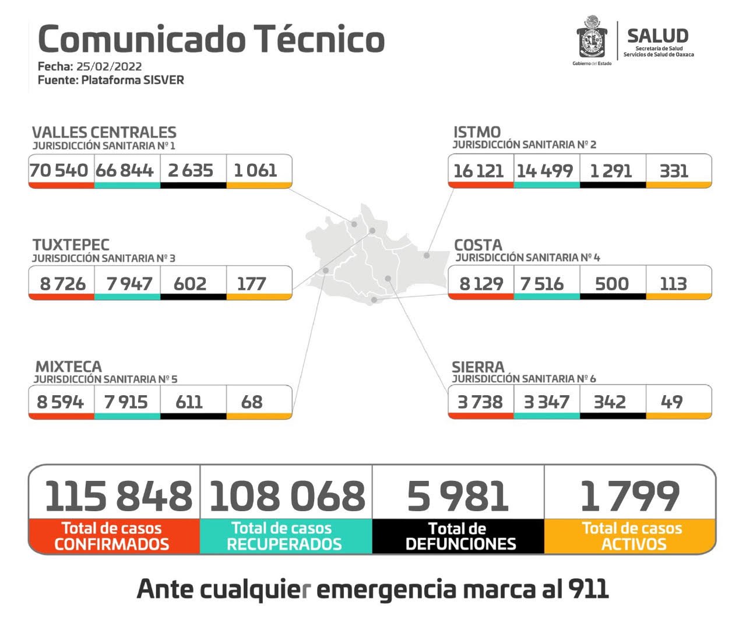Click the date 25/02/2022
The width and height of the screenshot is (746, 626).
pyautogui.click(x=109, y=66)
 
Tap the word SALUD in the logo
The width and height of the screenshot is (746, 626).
pyautogui.click(x=657, y=36)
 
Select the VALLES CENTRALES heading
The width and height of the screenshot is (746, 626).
pyautogui.click(x=104, y=132)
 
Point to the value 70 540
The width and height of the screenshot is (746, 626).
pyautogui.click(x=59, y=171)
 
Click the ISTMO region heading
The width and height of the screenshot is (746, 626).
pyautogui.click(x=477, y=132)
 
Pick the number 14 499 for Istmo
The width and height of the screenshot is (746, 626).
pyautogui.click(x=544, y=171)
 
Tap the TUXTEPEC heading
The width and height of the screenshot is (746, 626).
pyautogui.click(x=71, y=245)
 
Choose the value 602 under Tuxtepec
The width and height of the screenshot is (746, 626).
pyautogui.click(x=190, y=284)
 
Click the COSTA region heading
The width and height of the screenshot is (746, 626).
pyautogui.click(x=478, y=245)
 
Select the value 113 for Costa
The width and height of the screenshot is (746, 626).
pyautogui.click(x=673, y=284)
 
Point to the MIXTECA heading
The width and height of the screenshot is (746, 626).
pyautogui.click(x=69, y=367)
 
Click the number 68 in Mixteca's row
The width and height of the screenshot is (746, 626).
pyautogui.click(x=252, y=402)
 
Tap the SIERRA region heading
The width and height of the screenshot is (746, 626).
pyautogui.click(x=478, y=367)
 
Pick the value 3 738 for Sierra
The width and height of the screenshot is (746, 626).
pyautogui.click(x=480, y=402)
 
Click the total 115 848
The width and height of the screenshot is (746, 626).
pyautogui.click(x=118, y=497)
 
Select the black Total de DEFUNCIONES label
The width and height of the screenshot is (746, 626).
pyautogui.click(x=460, y=536)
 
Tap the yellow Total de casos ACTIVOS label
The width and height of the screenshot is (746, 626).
pyautogui.click(x=632, y=536)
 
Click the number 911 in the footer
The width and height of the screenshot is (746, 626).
pyautogui.click(x=588, y=589)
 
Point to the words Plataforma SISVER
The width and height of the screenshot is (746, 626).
pyautogui.click(x=132, y=80)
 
